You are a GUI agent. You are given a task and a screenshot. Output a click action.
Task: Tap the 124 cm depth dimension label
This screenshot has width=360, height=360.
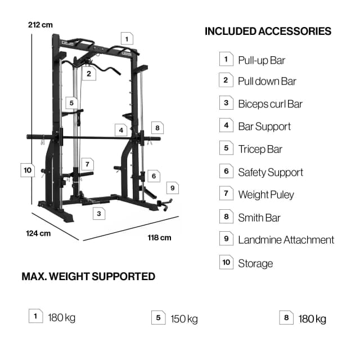pyautogui.click(x=38, y=233)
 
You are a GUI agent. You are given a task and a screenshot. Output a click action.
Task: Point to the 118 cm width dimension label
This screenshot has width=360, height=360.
pyautogui.click(x=159, y=237)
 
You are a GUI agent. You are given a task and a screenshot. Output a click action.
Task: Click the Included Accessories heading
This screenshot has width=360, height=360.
pyautogui.click(x=268, y=31)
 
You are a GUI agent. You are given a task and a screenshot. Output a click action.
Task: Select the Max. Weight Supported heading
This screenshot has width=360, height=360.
pyautogui.click(x=88, y=276)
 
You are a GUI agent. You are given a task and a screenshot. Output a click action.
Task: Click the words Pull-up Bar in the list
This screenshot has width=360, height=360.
pyautogui.click(x=262, y=60)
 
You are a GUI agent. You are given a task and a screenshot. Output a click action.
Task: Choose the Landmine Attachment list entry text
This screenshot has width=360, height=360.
pyautogui.click(x=286, y=240)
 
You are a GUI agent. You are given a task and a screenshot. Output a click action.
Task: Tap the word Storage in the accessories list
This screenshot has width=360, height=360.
pyautogui.click(x=255, y=263)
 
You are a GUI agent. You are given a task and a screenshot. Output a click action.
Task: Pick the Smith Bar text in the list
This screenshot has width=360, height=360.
pyautogui.click(x=259, y=218)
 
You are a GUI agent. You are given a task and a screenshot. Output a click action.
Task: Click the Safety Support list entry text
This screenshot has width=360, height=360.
pyautogui.click(x=270, y=173)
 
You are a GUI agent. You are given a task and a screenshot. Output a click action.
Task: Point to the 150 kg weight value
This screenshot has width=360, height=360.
pyautogui.click(x=184, y=319)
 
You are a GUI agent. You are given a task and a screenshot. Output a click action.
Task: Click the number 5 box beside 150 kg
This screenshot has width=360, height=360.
pyautogui.click(x=157, y=318)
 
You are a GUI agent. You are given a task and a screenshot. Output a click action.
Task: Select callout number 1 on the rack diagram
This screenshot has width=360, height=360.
pyautogui.click(x=127, y=39)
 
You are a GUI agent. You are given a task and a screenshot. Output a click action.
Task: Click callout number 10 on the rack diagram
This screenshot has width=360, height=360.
pyautogui.click(x=28, y=169)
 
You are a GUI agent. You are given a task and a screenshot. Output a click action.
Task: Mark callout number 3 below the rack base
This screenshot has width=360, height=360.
pyautogui.click(x=98, y=214)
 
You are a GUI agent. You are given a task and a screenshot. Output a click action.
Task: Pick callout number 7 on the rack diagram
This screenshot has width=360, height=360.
pyautogui.click(x=86, y=164)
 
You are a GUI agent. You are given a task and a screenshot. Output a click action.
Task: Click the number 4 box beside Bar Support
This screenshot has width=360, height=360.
pyautogui.click(x=226, y=125)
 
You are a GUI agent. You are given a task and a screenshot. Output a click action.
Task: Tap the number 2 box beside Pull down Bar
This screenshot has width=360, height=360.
pyautogui.click(x=226, y=80)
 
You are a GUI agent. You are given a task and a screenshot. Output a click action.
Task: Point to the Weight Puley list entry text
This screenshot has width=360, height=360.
pyautogui.click(x=265, y=195)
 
